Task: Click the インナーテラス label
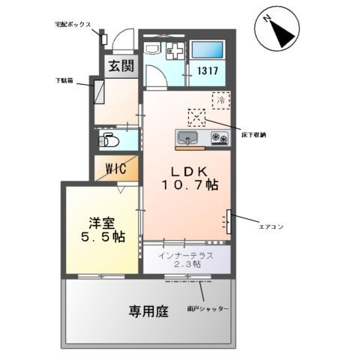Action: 184,256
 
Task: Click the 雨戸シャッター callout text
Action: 209,309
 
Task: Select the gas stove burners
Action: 219,138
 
